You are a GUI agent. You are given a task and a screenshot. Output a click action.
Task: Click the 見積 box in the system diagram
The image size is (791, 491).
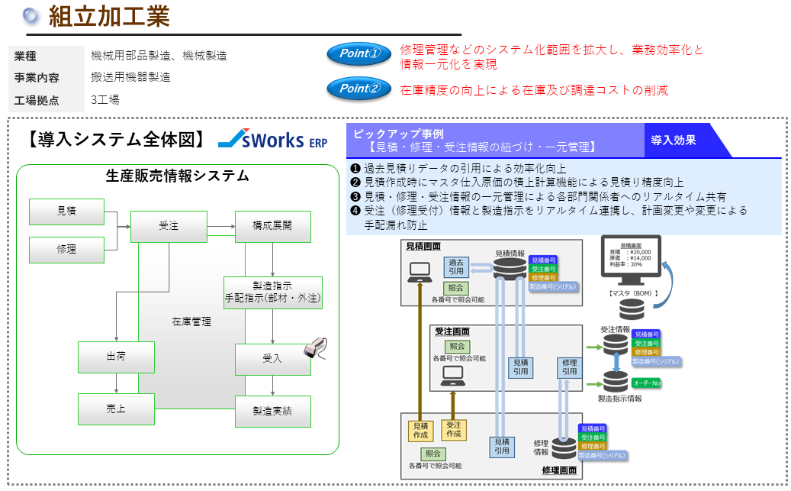[66, 212]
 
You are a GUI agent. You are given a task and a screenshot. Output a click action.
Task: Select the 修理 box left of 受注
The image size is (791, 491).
[66, 249]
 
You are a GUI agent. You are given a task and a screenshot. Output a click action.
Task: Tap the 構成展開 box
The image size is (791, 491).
[272, 226]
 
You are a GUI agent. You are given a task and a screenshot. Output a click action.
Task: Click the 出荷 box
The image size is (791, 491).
[116, 357]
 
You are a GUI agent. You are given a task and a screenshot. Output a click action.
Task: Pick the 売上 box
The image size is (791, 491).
[116, 409]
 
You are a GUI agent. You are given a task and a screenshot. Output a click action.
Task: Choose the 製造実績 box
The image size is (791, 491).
[272, 411]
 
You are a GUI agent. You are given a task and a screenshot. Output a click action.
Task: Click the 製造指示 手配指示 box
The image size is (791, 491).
[272, 292]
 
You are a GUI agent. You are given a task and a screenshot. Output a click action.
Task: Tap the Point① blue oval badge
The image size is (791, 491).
[359, 54]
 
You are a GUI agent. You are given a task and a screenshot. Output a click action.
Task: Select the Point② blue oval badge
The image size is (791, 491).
[359, 89]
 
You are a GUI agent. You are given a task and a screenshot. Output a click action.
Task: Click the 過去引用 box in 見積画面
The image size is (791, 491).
[456, 266]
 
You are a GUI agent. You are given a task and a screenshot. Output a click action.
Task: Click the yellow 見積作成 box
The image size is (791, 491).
[420, 430]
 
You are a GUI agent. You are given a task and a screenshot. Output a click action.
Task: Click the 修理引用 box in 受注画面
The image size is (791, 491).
[568, 367]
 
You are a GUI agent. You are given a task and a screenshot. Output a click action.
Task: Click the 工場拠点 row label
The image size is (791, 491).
[37, 99]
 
